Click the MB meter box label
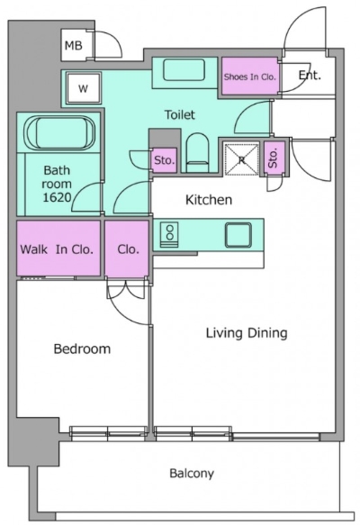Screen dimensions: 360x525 point(73,45)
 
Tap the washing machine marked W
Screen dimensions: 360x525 point(84,88)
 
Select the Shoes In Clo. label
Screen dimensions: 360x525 point(249,77)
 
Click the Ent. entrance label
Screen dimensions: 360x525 point(310,75)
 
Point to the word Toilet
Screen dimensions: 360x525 point(180,115)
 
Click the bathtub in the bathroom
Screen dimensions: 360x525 point(58,133)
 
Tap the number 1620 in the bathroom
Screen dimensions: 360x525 point(57,197)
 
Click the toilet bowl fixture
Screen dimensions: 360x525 point(197,153)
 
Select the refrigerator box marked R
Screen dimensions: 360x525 point(241,159)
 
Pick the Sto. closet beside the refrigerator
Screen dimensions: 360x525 point(274,158)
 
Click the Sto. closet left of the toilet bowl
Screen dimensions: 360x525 point(165,160)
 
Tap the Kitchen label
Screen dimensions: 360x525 point(209,200)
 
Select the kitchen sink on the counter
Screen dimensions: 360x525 point(238,235)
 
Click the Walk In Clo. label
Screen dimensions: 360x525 point(57,249)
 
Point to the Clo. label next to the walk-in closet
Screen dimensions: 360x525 point(128,249)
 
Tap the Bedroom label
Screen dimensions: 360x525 point(82,348)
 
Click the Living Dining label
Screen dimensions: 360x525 point(247,333)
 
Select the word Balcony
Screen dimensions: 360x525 point(192,474)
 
